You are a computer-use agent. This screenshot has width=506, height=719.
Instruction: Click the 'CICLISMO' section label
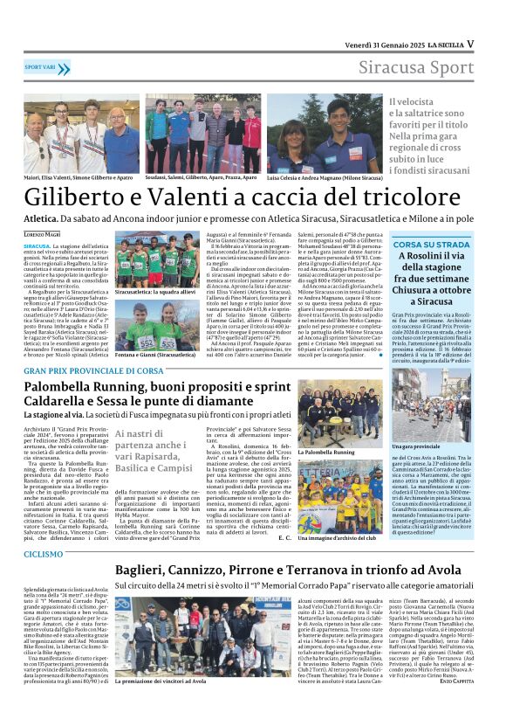click(x=44, y=529)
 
